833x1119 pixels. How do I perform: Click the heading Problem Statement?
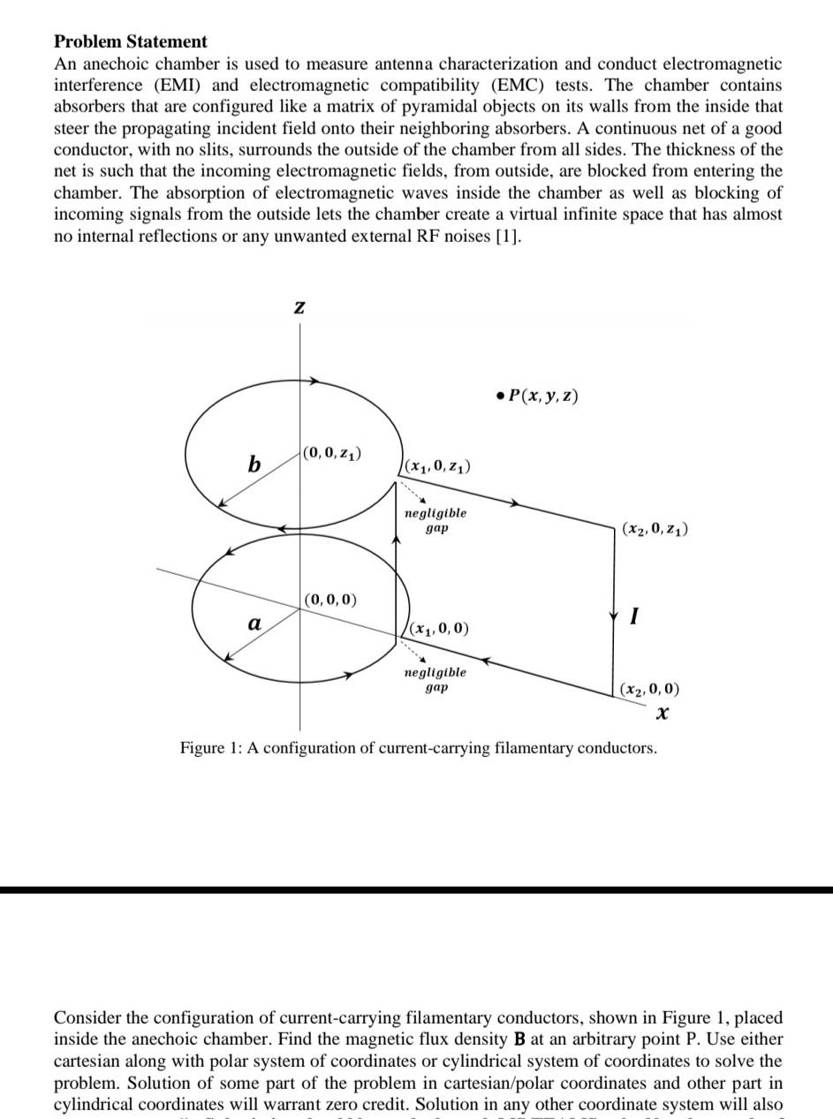point(131,42)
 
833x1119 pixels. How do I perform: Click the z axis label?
point(299,306)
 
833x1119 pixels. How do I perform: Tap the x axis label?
point(662,712)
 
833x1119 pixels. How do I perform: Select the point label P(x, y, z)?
point(538,396)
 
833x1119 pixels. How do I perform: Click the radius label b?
point(254,464)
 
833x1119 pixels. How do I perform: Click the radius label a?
point(254,624)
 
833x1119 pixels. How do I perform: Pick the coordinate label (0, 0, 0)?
point(330,600)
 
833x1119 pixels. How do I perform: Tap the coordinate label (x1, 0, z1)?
point(437,465)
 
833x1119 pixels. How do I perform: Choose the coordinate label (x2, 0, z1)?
point(655,529)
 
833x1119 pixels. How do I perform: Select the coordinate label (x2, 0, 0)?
point(650,689)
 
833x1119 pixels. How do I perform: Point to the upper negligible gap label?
point(435,519)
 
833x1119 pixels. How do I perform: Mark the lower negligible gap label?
point(435,679)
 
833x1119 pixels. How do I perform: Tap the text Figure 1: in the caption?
point(211,748)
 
